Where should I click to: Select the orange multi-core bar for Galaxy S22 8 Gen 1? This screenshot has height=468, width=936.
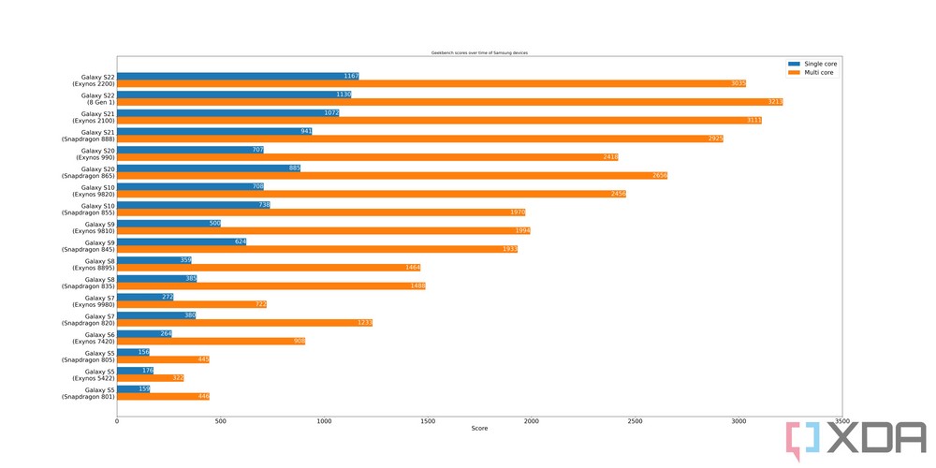(449, 102)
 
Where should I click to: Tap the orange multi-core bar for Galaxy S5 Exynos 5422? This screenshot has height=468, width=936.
(150, 378)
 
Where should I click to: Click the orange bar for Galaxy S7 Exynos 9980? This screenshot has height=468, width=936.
(192, 304)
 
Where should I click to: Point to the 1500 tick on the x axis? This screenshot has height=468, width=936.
(428, 422)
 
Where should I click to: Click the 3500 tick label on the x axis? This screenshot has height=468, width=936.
(842, 422)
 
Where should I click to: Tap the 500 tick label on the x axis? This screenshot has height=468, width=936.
(221, 422)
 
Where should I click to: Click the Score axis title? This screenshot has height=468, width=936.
(479, 430)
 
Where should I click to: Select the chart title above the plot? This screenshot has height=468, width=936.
(479, 53)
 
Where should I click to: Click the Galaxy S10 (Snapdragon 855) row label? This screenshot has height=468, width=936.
(87, 209)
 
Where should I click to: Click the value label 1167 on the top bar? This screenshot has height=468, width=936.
(350, 76)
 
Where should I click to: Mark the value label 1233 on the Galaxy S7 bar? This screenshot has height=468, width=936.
(364, 323)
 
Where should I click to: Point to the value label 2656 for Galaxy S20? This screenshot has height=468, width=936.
(658, 176)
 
